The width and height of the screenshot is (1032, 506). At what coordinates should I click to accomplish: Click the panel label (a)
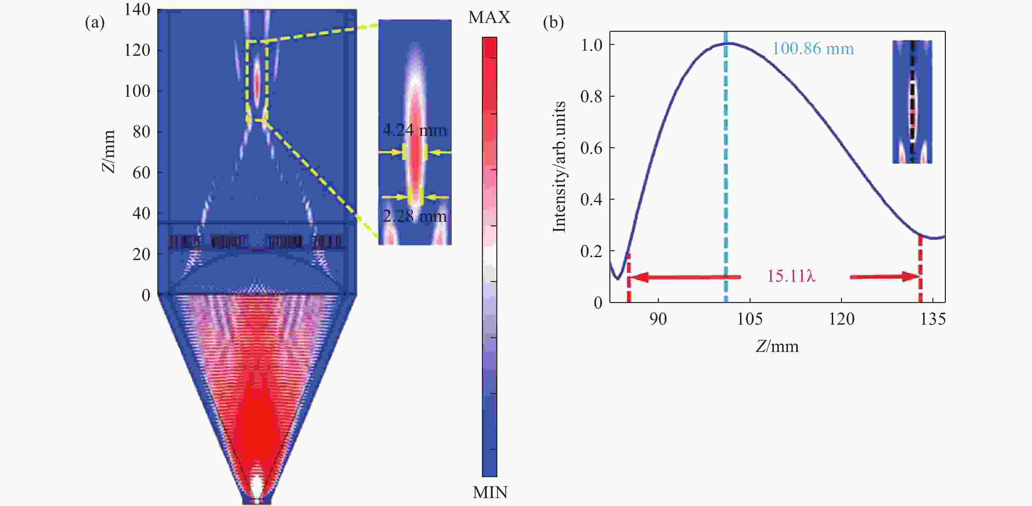[95, 23]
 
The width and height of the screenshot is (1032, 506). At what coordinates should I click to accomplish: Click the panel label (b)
[553, 23]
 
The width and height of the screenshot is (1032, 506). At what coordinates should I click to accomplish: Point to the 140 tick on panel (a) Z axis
[137, 10]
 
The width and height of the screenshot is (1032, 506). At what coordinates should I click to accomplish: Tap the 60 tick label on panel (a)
[142, 173]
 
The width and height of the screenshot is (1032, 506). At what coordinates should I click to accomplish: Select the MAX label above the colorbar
[489, 17]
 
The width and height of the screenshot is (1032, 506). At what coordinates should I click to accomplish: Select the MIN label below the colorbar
[489, 492]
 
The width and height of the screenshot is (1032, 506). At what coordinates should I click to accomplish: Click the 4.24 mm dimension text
[415, 130]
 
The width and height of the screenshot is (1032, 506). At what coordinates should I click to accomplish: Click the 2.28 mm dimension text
[415, 216]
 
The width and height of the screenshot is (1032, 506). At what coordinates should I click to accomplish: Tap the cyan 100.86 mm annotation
[813, 49]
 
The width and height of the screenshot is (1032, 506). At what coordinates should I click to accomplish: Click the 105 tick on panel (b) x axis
[750, 319]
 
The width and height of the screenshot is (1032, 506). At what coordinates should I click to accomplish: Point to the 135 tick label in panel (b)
[933, 319]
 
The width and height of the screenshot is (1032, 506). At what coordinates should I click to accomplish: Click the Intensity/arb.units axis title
[559, 166]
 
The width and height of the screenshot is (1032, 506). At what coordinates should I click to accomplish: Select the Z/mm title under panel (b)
[777, 346]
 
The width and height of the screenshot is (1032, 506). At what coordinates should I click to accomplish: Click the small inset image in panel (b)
[912, 102]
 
